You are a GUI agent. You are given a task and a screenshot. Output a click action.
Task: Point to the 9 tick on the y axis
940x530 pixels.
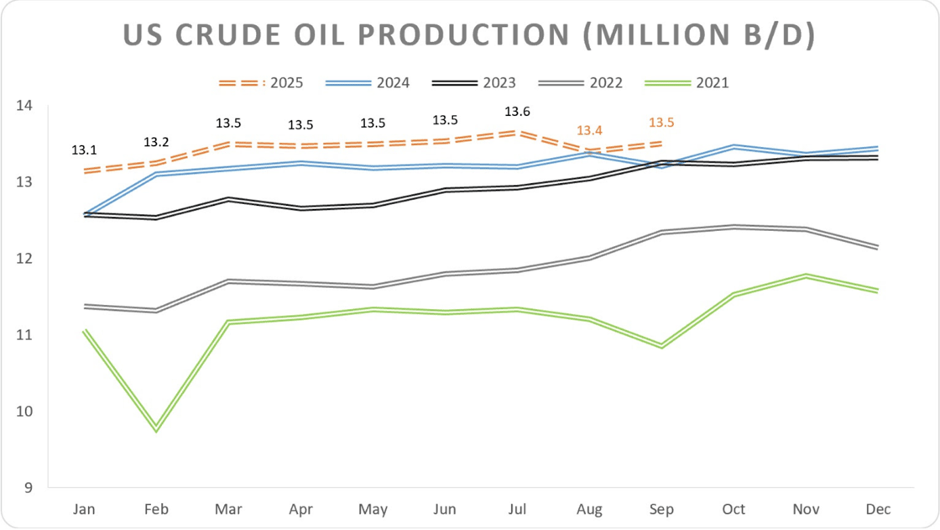(27, 487)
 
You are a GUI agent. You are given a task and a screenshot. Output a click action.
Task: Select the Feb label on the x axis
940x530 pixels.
(156, 509)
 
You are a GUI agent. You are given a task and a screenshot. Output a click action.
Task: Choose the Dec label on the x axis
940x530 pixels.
(878, 509)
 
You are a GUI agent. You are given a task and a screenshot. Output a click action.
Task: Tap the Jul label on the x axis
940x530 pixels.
(517, 509)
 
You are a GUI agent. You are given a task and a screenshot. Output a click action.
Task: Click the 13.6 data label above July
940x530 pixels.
(517, 111)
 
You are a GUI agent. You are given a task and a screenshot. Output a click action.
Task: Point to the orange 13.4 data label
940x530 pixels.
(589, 130)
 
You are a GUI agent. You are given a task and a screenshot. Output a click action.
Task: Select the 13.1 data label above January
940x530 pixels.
(84, 150)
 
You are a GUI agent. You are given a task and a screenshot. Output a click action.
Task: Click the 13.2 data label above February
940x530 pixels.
(156, 141)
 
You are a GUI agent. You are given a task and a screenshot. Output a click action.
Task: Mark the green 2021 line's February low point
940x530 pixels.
(156, 429)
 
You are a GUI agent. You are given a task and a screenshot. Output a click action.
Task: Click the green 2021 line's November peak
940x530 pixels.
(806, 275)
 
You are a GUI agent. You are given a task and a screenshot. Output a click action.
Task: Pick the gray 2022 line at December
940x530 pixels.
(878, 247)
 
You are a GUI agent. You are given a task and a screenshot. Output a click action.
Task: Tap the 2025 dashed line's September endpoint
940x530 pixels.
(661, 143)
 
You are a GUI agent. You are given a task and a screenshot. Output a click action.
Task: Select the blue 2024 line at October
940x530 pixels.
(734, 147)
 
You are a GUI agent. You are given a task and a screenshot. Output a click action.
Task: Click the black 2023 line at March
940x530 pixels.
(228, 199)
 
